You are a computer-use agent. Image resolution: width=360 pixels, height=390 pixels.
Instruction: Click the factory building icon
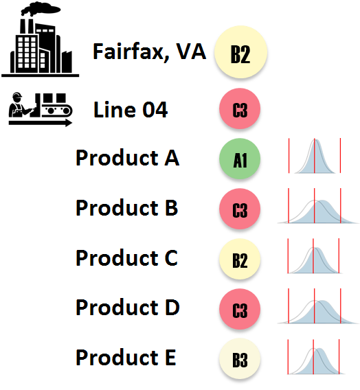click(x=41, y=40)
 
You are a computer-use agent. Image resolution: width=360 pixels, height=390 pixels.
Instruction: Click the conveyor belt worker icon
click(x=41, y=109)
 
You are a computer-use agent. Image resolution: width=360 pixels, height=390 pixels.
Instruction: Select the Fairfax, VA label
click(x=149, y=51)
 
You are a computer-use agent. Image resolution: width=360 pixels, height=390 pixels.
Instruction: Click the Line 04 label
click(x=131, y=110)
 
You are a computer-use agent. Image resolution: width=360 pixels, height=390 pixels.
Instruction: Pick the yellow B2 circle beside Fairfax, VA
click(x=241, y=52)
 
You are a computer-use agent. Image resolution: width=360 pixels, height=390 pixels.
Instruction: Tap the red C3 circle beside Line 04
click(x=240, y=108)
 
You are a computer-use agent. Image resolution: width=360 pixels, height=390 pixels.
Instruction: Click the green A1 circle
click(x=240, y=159)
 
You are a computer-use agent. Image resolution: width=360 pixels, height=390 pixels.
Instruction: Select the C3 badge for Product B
click(x=240, y=209)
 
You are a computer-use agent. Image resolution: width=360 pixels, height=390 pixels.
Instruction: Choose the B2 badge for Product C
click(x=240, y=259)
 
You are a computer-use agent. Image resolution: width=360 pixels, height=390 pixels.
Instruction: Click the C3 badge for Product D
click(x=240, y=309)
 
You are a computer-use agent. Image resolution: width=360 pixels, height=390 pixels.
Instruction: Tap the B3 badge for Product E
click(x=240, y=359)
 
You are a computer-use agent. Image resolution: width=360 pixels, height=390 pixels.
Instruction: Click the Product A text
click(x=127, y=158)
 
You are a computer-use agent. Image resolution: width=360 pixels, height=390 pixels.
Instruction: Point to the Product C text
click(x=126, y=258)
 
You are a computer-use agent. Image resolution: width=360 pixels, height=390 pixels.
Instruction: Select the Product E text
click(x=126, y=358)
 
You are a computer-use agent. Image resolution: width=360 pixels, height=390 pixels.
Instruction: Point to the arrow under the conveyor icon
click(x=41, y=123)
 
